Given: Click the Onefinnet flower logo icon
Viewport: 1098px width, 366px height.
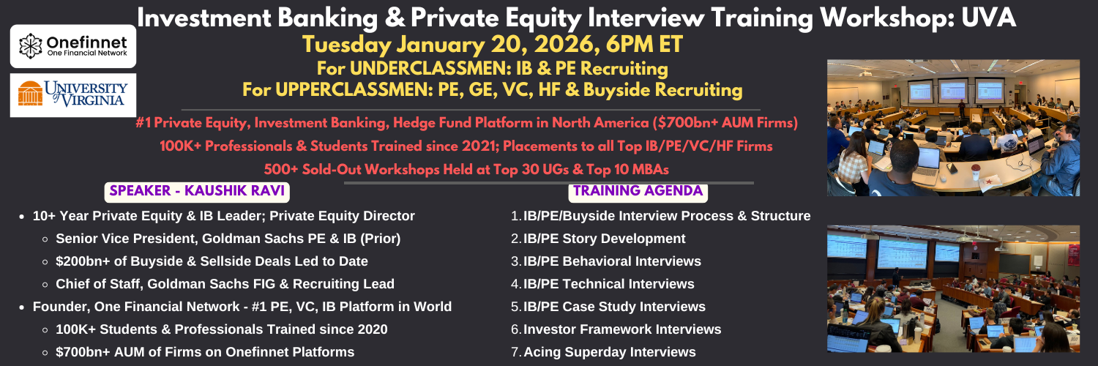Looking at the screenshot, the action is pos(31,46).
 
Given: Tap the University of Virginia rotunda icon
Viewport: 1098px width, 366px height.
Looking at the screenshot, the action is pos(31,93).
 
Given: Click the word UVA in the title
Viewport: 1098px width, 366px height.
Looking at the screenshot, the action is pos(988,18).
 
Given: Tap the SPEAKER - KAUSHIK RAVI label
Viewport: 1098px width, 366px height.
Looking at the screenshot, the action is pos(197,191).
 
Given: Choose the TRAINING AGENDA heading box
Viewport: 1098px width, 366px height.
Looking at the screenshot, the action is pos(638,191).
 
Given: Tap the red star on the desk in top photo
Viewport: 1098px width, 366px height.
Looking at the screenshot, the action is pos(985,181).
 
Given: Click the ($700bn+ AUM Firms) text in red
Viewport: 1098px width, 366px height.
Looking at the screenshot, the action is pos(725,122).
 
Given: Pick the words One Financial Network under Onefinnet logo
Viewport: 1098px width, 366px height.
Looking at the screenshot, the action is pos(87,53).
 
